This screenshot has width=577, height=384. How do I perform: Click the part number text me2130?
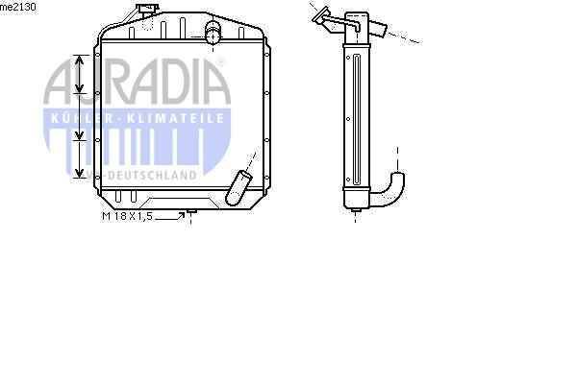17,7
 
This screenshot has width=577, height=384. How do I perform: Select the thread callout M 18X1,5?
127,216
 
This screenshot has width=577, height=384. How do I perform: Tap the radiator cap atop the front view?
147,8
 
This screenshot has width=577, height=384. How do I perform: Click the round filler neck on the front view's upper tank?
213,33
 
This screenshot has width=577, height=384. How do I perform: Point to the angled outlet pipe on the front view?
238,187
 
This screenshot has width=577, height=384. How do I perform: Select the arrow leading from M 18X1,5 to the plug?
169,217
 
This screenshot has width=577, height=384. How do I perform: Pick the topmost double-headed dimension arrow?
79,74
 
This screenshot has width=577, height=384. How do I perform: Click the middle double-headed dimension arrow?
79,116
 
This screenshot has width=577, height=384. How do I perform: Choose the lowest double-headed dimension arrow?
79,159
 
